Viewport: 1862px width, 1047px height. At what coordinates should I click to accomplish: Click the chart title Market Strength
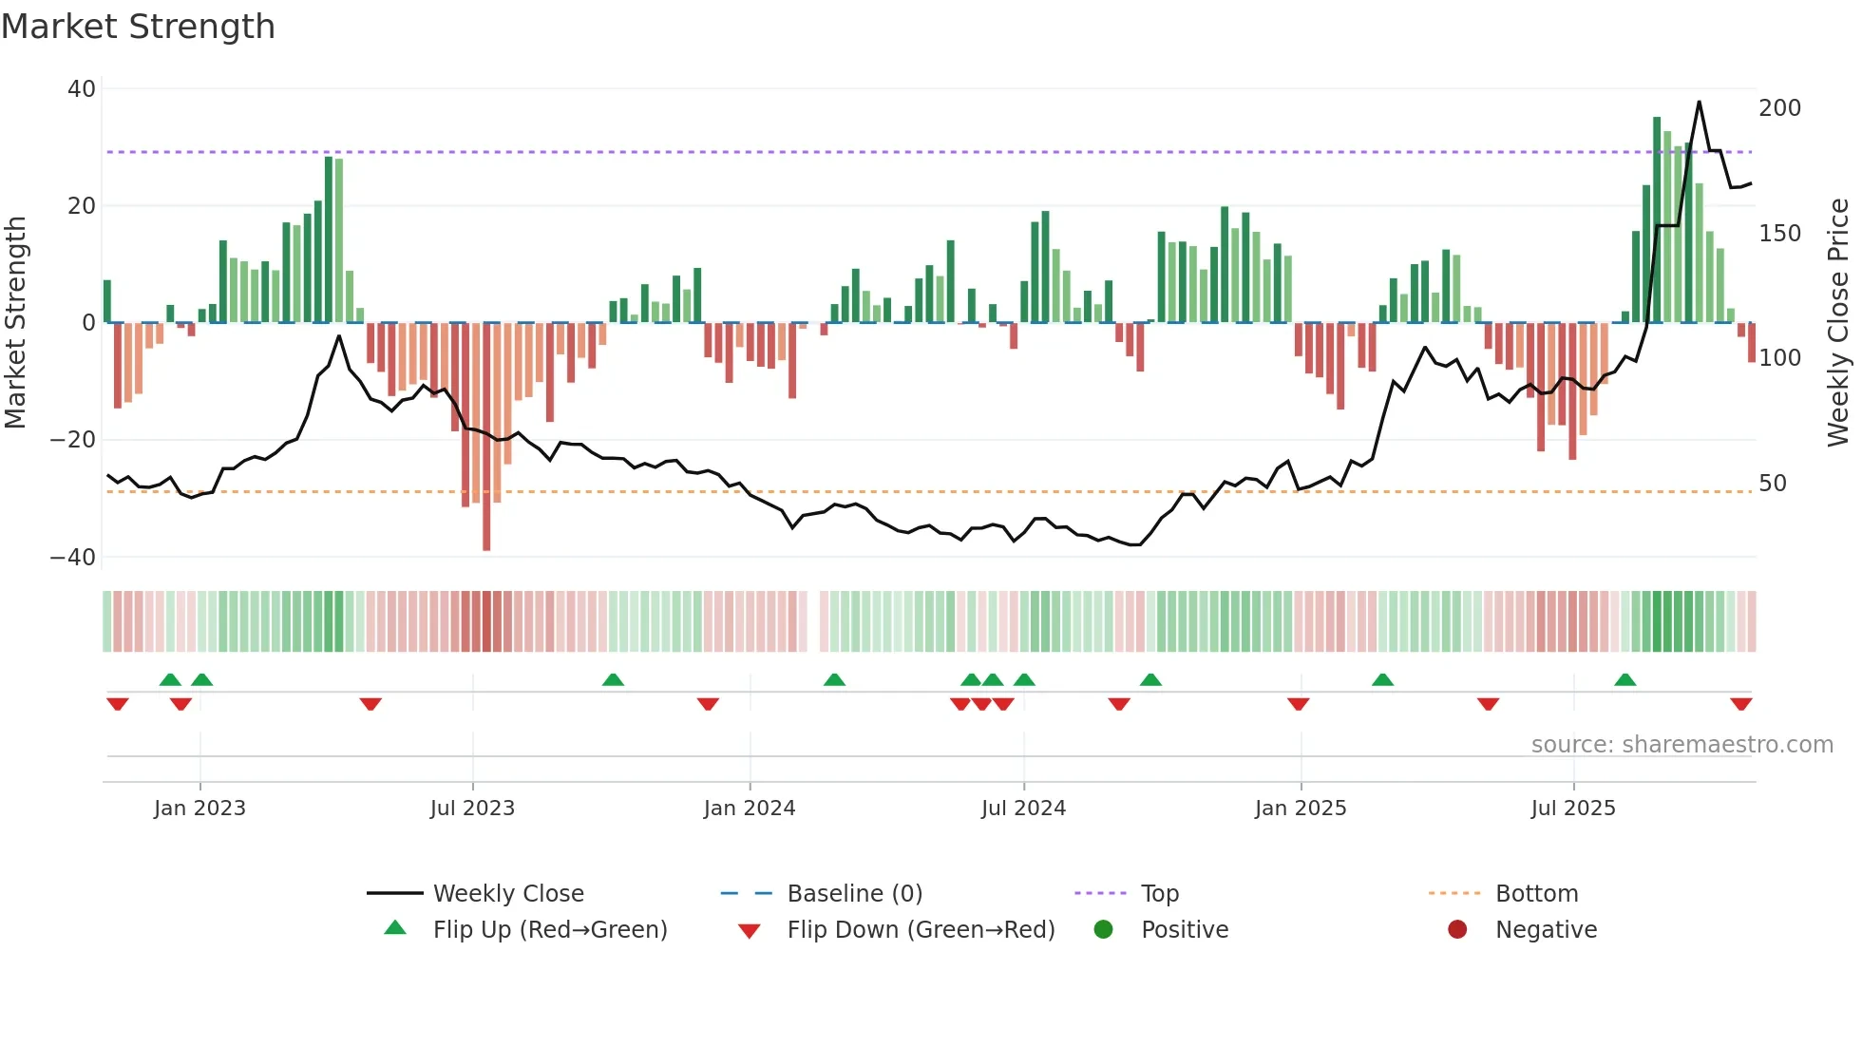pyautogui.click(x=138, y=27)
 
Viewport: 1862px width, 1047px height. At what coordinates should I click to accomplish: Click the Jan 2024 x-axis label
pyautogui.click(x=749, y=808)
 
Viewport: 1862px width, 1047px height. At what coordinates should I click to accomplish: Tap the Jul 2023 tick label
pyautogui.click(x=472, y=808)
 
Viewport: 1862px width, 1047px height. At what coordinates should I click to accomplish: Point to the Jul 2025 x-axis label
pyautogui.click(x=1572, y=808)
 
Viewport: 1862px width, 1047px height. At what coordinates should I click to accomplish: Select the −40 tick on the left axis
pyautogui.click(x=73, y=558)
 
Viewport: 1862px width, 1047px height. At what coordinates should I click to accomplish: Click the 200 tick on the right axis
pyautogui.click(x=1778, y=108)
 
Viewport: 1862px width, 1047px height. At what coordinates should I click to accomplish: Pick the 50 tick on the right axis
pyautogui.click(x=1772, y=484)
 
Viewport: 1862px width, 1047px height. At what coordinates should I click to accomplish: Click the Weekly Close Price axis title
pyautogui.click(x=1837, y=323)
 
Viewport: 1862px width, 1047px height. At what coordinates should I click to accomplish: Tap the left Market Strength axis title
pyautogui.click(x=15, y=323)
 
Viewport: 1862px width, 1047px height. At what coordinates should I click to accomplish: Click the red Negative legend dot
pyautogui.click(x=1456, y=929)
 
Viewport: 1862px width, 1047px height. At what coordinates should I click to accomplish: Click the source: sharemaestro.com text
pyautogui.click(x=1681, y=745)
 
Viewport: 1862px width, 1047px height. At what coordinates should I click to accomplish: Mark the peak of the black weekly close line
pyautogui.click(x=1699, y=102)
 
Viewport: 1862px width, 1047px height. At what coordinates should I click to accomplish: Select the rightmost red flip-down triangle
pyautogui.click(x=1740, y=704)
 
